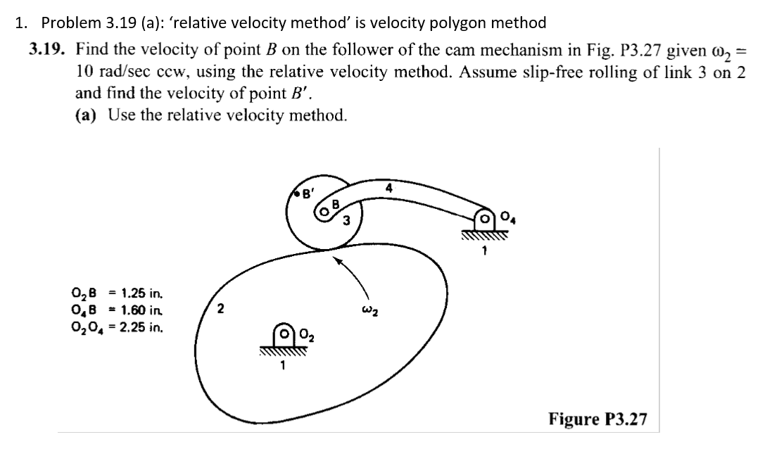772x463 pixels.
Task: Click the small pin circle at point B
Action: [x=324, y=210]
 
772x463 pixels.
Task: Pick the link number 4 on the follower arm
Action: [x=388, y=187]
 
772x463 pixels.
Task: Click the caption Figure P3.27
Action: [x=597, y=419]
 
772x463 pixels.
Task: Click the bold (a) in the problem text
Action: [x=87, y=115]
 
